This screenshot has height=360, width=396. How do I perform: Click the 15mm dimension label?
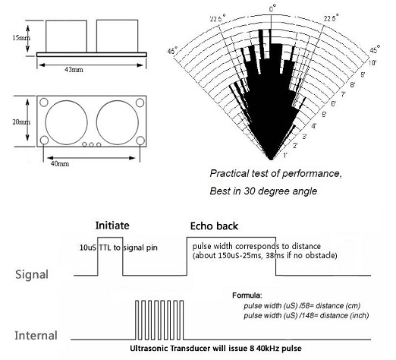point(21,38)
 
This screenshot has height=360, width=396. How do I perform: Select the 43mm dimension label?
point(74,70)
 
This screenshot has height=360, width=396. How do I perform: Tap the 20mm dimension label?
point(21,122)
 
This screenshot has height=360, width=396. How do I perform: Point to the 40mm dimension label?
point(60,163)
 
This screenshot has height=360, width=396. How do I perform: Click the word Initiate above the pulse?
point(112,226)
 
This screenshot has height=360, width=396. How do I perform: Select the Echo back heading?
point(214,226)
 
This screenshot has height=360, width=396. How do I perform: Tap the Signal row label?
point(32,275)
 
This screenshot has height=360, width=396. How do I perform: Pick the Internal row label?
point(36,336)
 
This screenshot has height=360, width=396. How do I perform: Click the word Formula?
point(247,295)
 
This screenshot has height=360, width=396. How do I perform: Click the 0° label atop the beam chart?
point(272,9)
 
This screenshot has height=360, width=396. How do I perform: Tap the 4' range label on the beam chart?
point(313,126)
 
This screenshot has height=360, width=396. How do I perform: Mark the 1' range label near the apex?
point(285,155)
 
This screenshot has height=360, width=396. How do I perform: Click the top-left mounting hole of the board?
point(44,103)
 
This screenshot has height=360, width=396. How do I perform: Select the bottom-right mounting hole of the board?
point(140,141)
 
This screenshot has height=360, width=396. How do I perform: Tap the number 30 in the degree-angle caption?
point(249,191)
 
